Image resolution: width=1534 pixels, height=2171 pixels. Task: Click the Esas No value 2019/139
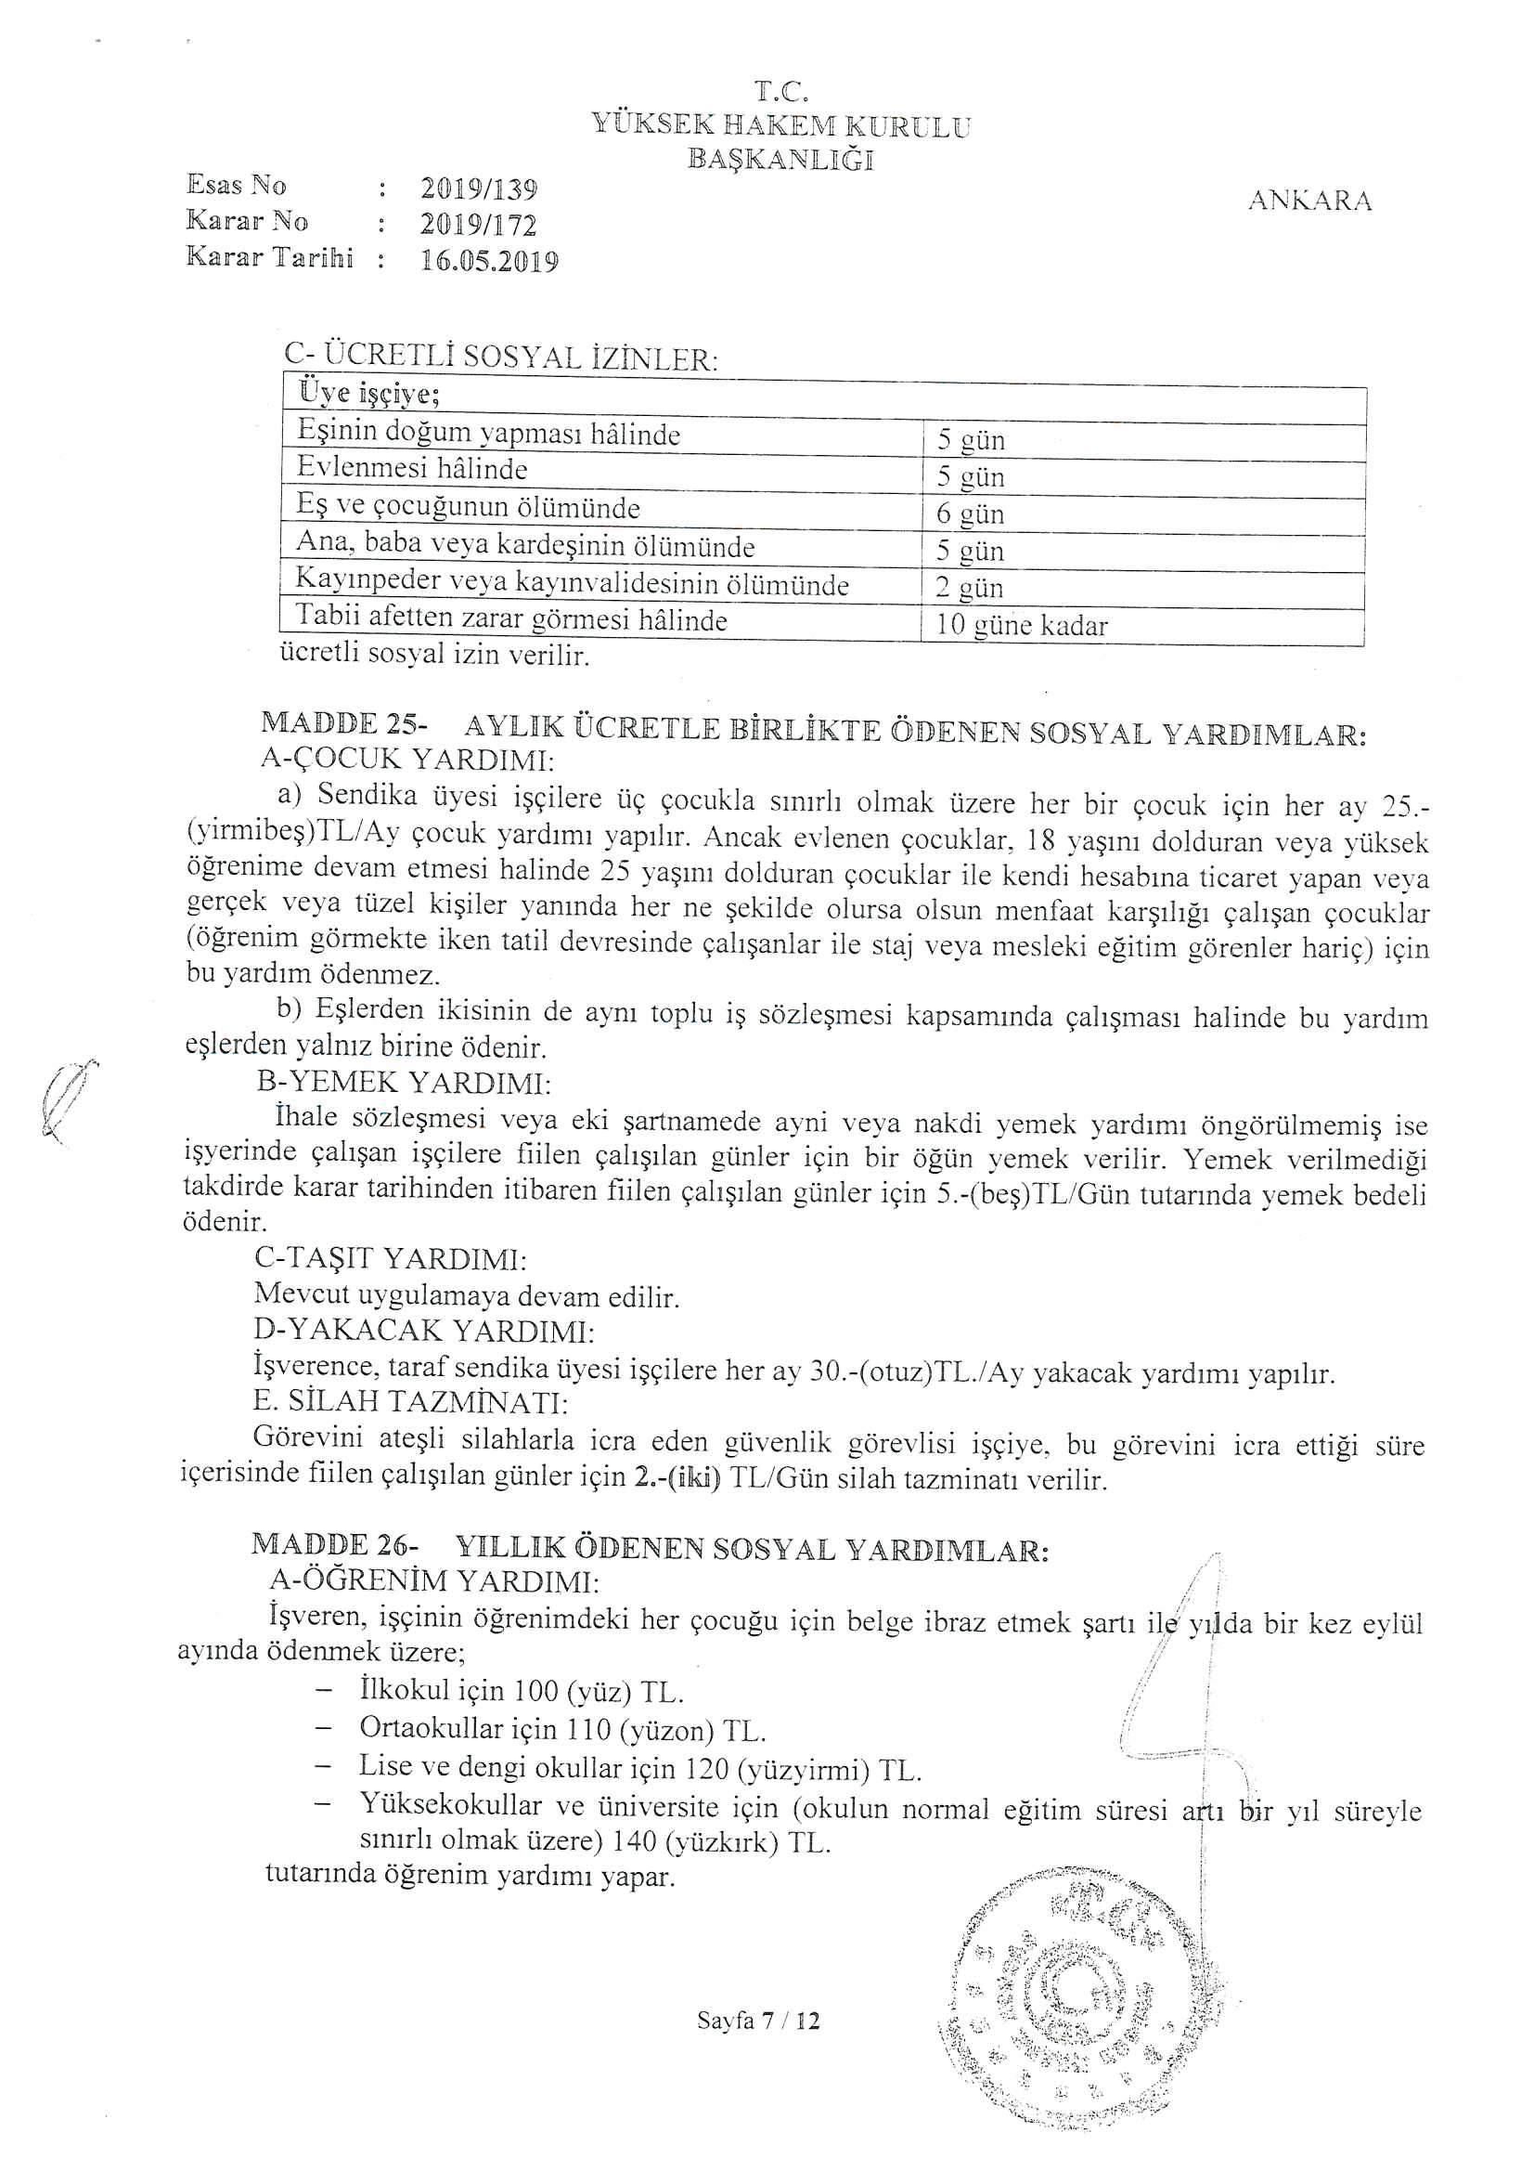(479, 189)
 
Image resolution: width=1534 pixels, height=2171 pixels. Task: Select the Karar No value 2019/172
(478, 225)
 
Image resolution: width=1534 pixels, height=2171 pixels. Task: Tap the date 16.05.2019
(490, 261)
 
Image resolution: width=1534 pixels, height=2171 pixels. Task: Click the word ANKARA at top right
(1310, 201)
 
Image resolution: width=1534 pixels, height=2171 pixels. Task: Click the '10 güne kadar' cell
(1021, 626)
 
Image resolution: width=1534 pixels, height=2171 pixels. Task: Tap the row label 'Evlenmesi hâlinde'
(412, 469)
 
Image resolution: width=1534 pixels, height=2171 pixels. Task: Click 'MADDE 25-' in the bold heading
(344, 724)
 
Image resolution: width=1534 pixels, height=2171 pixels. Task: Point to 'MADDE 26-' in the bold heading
(335, 1544)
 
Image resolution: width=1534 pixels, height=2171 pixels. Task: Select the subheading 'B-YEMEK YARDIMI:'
(404, 1083)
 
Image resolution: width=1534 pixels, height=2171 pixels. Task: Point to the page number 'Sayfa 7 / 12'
(758, 2021)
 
